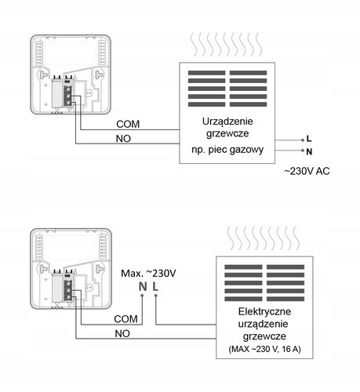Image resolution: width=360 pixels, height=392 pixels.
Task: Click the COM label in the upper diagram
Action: [x=128, y=124]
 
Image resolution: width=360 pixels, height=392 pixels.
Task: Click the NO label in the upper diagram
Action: [x=123, y=139]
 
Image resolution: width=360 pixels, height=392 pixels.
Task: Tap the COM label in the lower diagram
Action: [x=125, y=319]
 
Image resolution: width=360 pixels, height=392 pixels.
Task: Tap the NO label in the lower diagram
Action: [x=122, y=334]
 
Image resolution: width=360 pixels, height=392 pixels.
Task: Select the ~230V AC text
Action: [x=307, y=171]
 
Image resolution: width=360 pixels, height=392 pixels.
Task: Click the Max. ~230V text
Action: [x=148, y=274]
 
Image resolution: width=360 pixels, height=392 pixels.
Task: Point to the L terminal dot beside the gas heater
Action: [x=303, y=140]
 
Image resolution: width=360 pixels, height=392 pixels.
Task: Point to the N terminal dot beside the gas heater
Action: [x=303, y=151]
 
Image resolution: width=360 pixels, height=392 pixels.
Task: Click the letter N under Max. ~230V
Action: [x=143, y=287]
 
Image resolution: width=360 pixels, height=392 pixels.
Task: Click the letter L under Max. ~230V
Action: [x=155, y=287]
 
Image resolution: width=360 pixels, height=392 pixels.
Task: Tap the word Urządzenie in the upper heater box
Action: [x=227, y=122]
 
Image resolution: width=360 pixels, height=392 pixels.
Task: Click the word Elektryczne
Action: [x=264, y=311]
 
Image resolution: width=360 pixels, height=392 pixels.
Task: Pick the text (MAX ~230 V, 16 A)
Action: [x=264, y=349]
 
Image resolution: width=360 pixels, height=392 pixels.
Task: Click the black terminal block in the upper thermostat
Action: [x=68, y=96]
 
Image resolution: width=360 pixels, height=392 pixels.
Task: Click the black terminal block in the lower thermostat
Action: [x=68, y=290]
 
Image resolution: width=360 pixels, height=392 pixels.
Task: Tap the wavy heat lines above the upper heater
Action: [x=227, y=45]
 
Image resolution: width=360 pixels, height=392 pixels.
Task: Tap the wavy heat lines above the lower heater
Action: [x=264, y=238]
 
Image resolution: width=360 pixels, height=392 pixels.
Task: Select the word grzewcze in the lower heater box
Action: [x=264, y=336]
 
